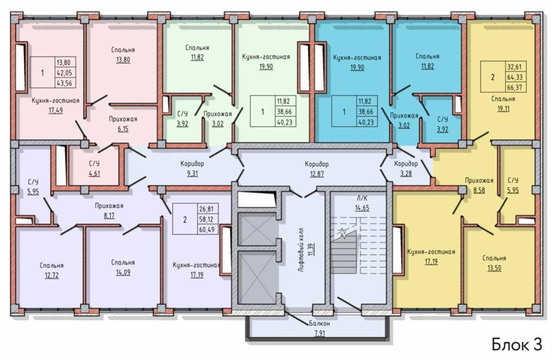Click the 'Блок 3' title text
tap(517, 344)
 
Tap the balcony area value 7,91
tap(319, 333)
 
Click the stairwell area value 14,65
tap(362, 208)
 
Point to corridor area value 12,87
tap(317, 174)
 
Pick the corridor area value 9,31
tap(192, 174)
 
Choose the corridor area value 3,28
tap(406, 174)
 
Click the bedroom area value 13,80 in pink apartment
tap(123, 60)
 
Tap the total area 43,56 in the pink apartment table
tap(64, 83)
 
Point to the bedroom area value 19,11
tap(504, 109)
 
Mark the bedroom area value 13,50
tap(494, 268)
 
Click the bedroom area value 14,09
tap(123, 272)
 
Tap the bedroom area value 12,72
tap(51, 275)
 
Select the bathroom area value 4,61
tap(94, 173)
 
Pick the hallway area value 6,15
tap(123, 129)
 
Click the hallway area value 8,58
tap(479, 190)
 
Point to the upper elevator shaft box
tap(256, 229)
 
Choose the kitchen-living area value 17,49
tap(56, 110)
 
